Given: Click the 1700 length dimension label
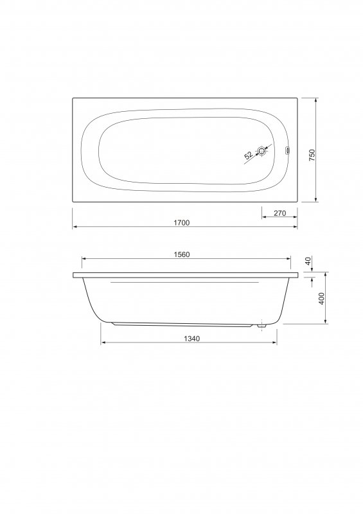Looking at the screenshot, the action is [x=181, y=222].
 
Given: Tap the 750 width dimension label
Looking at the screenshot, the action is [x=312, y=155].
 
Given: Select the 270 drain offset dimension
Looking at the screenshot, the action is [x=279, y=213].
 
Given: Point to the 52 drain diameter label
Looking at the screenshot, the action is [x=249, y=155].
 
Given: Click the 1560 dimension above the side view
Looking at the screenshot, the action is [x=182, y=254].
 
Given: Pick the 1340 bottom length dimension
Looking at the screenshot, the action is [x=192, y=339].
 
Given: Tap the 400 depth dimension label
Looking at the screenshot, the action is [x=322, y=299].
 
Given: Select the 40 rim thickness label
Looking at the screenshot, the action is [x=308, y=261].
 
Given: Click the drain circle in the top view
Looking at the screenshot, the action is [x=261, y=151].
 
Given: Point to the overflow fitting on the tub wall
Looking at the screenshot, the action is [x=288, y=151].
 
